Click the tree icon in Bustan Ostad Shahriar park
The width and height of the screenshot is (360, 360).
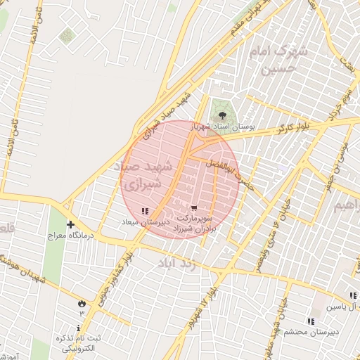point(223,112)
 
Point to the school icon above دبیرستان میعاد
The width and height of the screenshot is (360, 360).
point(145,210)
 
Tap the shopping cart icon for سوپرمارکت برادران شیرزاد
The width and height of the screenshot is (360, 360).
point(194,208)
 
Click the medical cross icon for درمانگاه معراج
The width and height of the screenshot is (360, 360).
point(70,224)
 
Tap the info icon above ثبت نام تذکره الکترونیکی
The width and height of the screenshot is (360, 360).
point(78,328)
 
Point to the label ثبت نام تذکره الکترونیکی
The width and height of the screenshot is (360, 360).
point(80,342)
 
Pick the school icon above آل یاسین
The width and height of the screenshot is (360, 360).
point(352,296)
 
